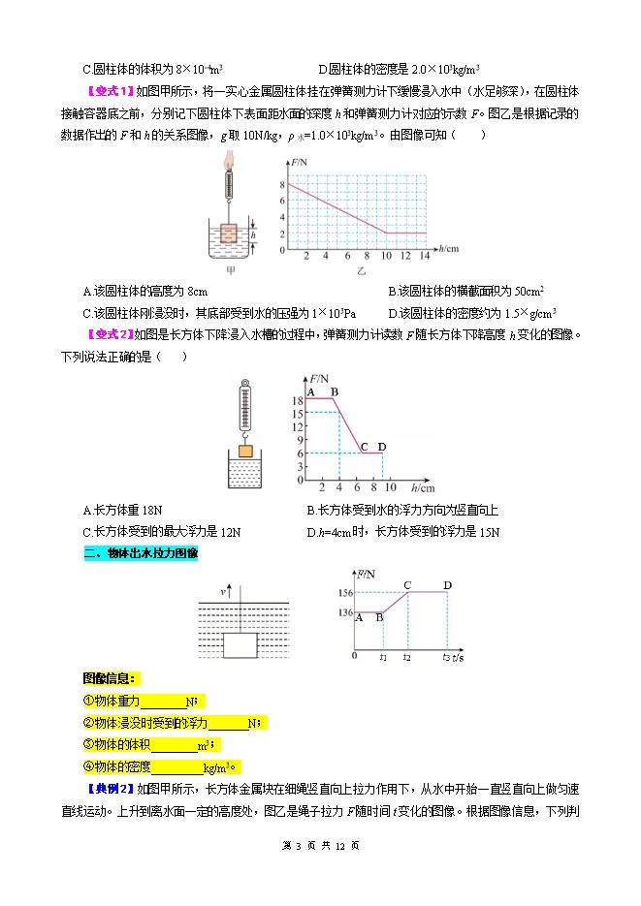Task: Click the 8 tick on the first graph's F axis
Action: (282, 183)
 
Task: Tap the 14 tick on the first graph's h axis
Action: (424, 257)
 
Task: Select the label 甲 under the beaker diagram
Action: (230, 268)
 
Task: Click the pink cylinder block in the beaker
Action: (229, 234)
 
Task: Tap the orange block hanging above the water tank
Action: (245, 451)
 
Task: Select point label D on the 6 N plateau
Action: (381, 446)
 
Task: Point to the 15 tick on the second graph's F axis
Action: (298, 414)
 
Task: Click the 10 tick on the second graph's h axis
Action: (392, 487)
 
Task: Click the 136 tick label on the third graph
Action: (343, 611)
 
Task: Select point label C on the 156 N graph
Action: (407, 584)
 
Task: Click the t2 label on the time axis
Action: (408, 657)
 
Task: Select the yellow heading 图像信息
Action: (111, 678)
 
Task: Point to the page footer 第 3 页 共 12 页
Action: (320, 845)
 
